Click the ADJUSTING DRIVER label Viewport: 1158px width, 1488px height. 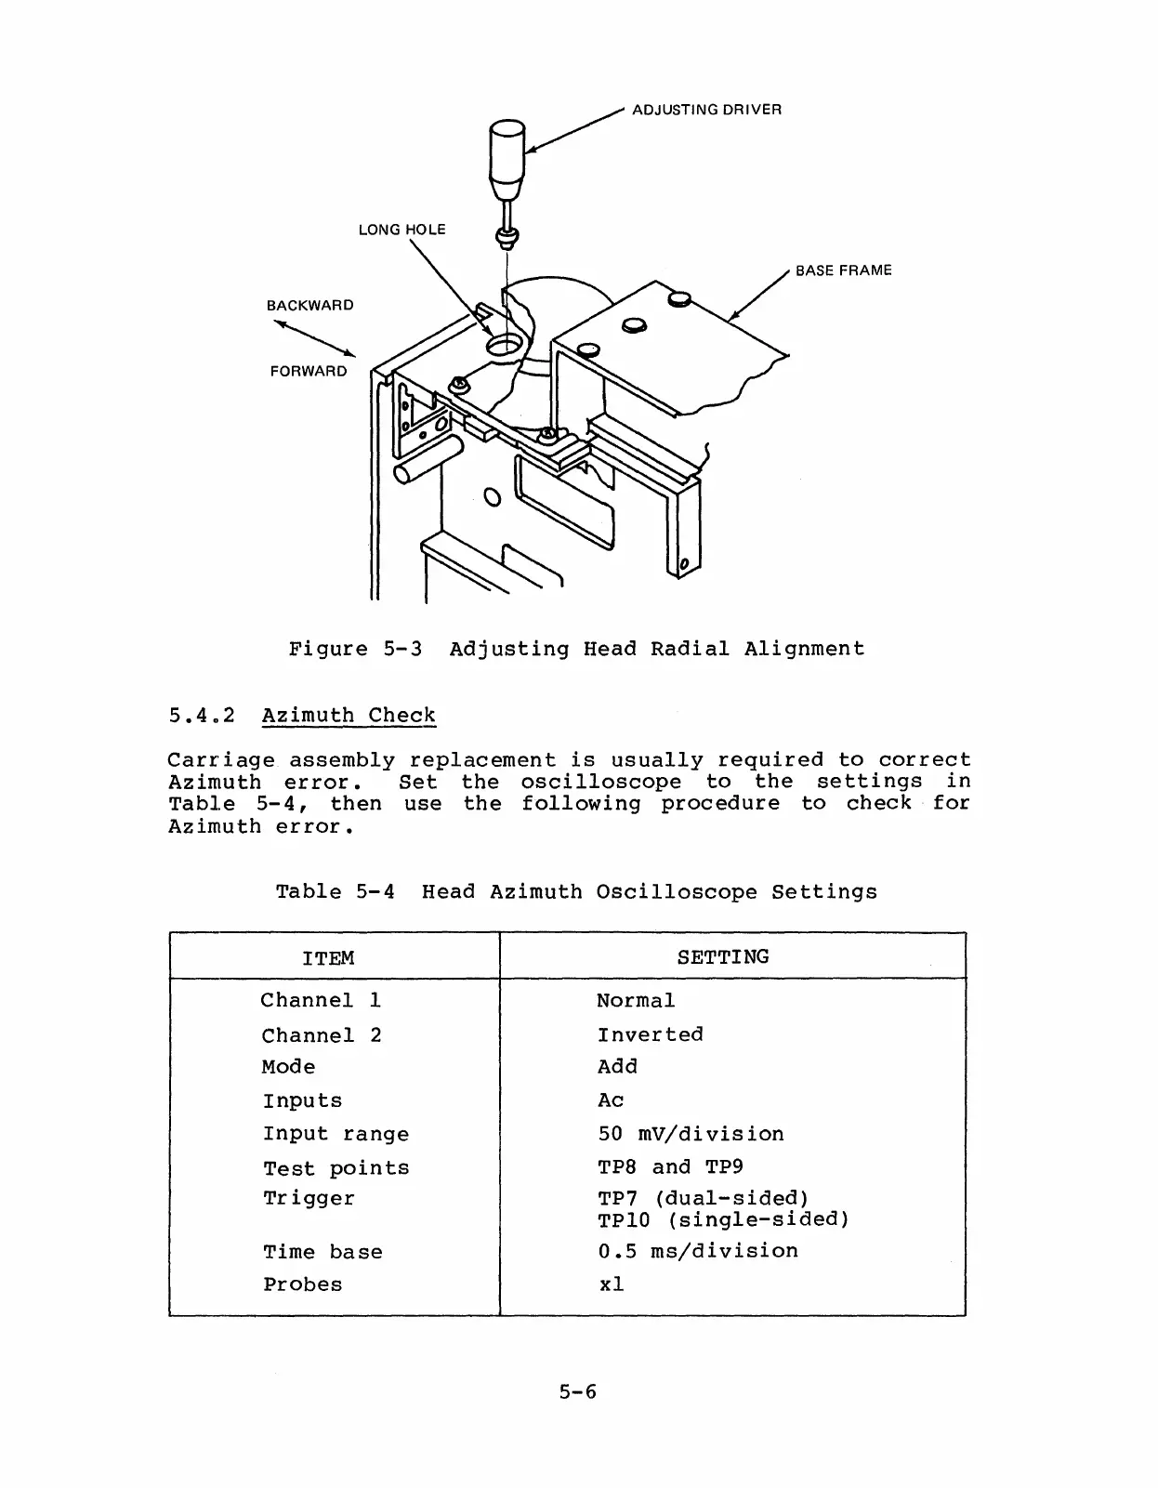point(706,110)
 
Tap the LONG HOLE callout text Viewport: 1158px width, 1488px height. point(401,230)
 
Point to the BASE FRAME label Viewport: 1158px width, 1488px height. point(843,270)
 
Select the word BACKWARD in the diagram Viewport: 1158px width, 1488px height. point(309,306)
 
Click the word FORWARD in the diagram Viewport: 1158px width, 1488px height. point(309,372)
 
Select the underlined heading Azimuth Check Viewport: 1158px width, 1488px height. point(349,716)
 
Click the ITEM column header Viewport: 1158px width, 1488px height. point(328,958)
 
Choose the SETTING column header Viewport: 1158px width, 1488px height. point(723,957)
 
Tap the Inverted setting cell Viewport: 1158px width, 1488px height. point(650,1034)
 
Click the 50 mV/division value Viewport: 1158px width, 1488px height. point(691,1134)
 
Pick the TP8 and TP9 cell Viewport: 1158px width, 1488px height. point(670,1167)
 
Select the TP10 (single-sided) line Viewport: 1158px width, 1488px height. point(723,1219)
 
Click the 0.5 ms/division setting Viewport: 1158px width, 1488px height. point(698,1251)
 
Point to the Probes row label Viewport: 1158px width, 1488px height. point(302,1284)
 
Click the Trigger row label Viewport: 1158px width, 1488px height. point(309,1199)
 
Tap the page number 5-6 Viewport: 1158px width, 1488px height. point(577,1391)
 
